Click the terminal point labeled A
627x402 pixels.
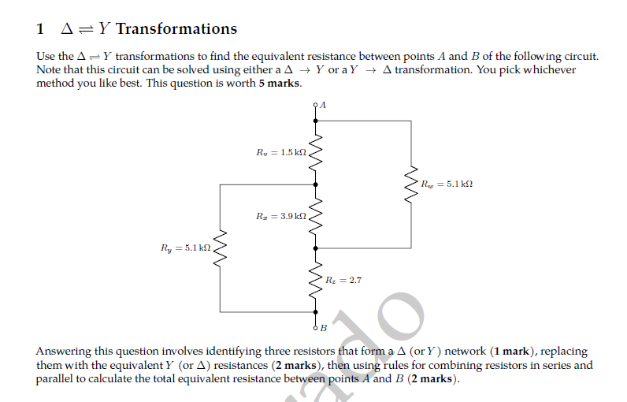[x=317, y=105]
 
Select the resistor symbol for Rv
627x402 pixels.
[x=317, y=152]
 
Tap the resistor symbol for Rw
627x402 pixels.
[x=411, y=184]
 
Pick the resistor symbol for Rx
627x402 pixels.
[x=317, y=215]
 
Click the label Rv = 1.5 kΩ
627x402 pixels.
[x=280, y=151]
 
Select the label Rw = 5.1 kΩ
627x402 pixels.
[x=447, y=184]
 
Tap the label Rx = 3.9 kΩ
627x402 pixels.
[x=280, y=215]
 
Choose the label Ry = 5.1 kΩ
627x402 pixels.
[x=186, y=248]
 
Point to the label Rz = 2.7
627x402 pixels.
[x=343, y=279]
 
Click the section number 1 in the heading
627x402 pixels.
[x=40, y=29]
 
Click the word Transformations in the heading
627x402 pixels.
[x=176, y=29]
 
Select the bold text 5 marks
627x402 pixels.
[x=279, y=83]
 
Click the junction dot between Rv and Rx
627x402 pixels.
[x=317, y=184]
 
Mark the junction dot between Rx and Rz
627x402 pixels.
[x=317, y=247]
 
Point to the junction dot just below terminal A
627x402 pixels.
[x=317, y=121]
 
